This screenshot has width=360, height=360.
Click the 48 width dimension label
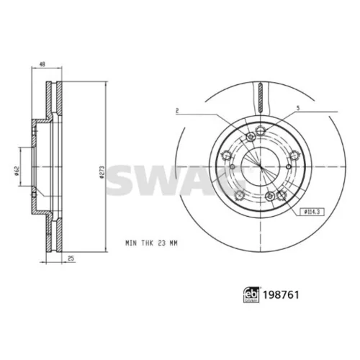pyautogui.click(x=42, y=64)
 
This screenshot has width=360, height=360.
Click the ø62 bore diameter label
pyautogui.click(x=17, y=171)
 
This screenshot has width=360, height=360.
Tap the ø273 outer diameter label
pyautogui.click(x=102, y=172)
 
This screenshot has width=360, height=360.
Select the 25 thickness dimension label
pyautogui.click(x=71, y=258)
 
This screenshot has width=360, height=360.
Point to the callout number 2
pyautogui.click(x=177, y=111)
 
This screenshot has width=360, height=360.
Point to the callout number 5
pyautogui.click(x=298, y=108)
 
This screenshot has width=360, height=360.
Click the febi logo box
pyautogui.click(x=251, y=295)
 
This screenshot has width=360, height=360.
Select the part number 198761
pyautogui.click(x=281, y=295)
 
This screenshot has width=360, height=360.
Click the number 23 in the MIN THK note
pyautogui.click(x=162, y=243)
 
